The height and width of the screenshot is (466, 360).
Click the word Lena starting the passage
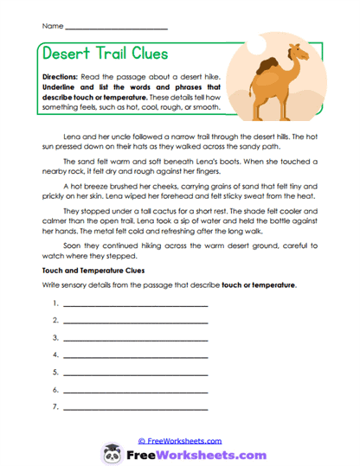(x=75, y=137)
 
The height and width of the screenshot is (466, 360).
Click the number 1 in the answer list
(x=55, y=303)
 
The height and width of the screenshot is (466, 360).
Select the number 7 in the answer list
(x=55, y=406)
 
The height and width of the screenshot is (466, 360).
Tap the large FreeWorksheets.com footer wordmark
(x=192, y=454)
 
